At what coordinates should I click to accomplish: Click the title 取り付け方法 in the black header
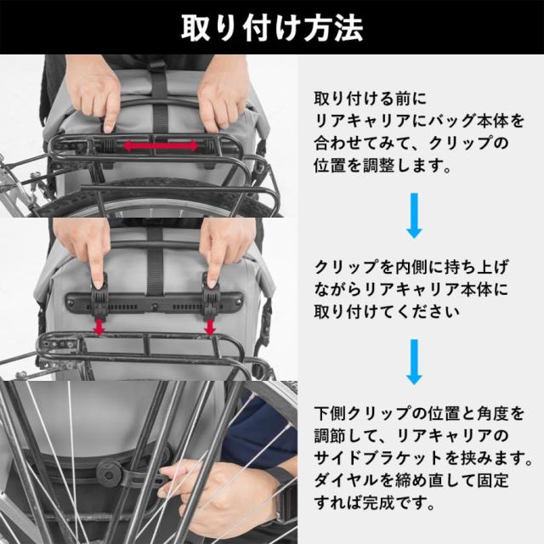[x=272, y=27]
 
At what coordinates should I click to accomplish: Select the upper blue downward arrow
[x=415, y=214]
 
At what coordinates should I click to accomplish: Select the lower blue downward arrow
[x=415, y=361]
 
